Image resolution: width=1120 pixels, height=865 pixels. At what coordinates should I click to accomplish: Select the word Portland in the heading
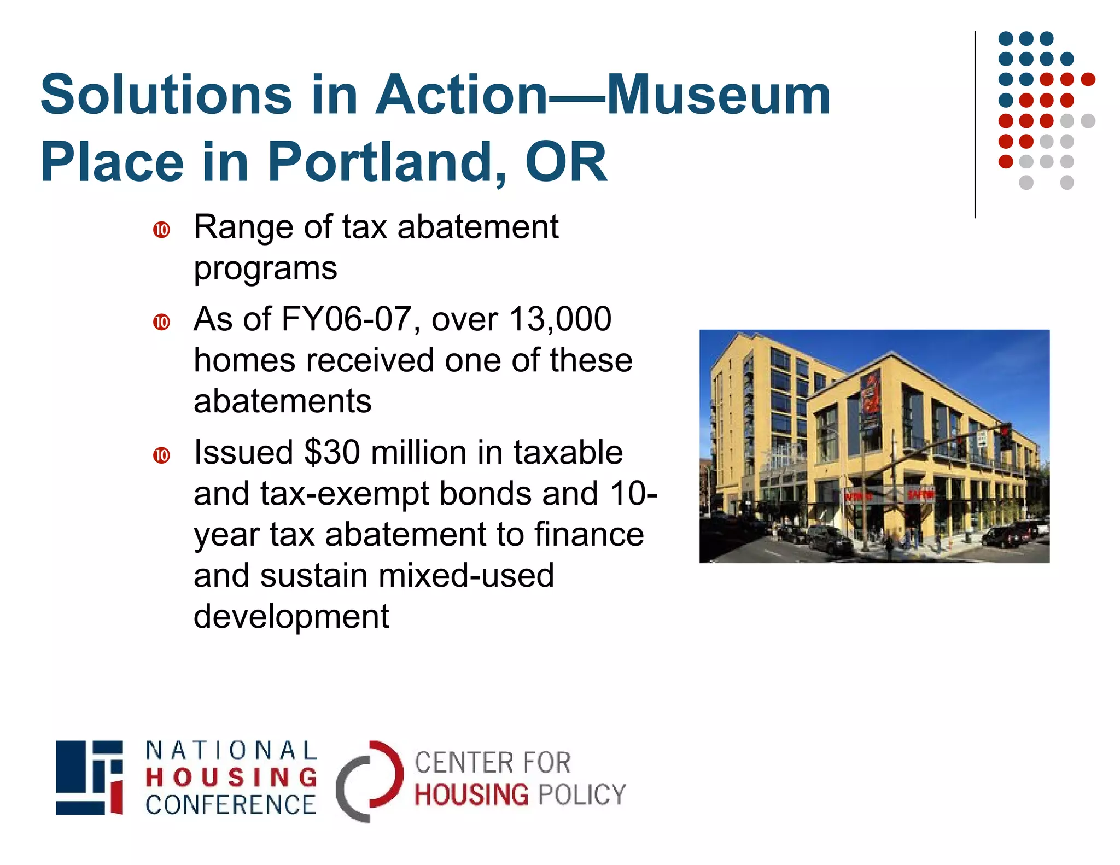click(387, 162)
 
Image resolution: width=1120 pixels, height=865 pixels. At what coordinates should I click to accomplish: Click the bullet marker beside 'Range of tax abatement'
click(161, 230)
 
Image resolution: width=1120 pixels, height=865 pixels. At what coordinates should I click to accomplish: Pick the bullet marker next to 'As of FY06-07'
click(161, 322)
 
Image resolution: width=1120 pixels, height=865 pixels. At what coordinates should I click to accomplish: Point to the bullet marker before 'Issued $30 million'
click(161, 455)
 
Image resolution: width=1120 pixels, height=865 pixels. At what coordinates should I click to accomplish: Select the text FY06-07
click(346, 319)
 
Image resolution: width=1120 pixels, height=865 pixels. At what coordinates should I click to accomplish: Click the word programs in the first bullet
click(265, 268)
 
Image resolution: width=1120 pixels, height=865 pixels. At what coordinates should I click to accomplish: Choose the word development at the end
click(291, 617)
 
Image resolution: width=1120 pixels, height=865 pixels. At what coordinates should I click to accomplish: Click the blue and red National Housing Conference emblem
click(89, 778)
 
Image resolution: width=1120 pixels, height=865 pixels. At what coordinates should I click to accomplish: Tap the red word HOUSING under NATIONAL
click(231, 778)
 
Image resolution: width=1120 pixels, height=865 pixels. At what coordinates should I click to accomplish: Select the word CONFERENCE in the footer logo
click(231, 805)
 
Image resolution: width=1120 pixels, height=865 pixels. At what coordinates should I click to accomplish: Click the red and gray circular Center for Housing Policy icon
click(369, 781)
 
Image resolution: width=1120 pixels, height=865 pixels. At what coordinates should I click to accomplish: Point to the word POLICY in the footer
click(582, 794)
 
